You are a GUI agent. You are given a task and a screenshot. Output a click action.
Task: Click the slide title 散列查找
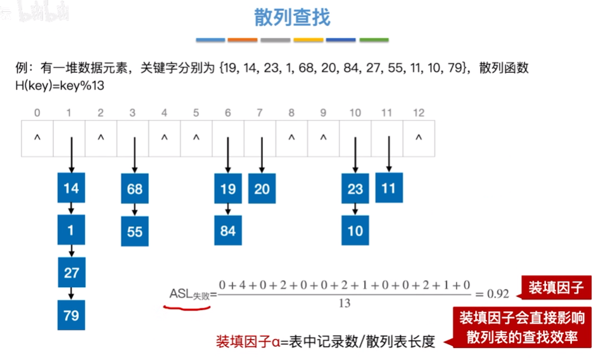pyautogui.click(x=292, y=17)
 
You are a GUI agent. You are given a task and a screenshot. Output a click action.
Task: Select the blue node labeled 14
pyautogui.click(x=71, y=188)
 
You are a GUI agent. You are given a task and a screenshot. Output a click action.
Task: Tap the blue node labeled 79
pyautogui.click(x=71, y=314)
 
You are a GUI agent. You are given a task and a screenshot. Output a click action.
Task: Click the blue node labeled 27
pyautogui.click(x=71, y=273)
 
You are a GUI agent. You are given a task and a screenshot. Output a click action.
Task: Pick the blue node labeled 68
pyautogui.click(x=134, y=188)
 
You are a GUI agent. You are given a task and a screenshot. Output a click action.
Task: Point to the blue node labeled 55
pyautogui.click(x=134, y=231)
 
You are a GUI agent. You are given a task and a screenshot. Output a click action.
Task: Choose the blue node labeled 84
pyautogui.click(x=228, y=231)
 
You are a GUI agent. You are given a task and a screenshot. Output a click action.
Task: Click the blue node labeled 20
pyautogui.click(x=262, y=188)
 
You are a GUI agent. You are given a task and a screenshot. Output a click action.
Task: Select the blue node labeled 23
pyautogui.click(x=355, y=188)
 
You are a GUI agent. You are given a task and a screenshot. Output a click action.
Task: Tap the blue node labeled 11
pyautogui.click(x=389, y=188)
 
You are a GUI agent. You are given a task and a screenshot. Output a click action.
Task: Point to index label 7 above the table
pyautogui.click(x=260, y=113)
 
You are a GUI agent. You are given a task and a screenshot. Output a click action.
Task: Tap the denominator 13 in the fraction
pyautogui.click(x=344, y=304)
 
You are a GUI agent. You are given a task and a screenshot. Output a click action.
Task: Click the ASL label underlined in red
pyautogui.click(x=188, y=294)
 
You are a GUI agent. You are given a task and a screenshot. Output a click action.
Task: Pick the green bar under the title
pyautogui.click(x=374, y=40)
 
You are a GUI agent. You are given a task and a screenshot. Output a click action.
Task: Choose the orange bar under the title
pyautogui.click(x=243, y=40)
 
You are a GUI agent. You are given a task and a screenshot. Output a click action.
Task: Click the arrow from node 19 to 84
pyautogui.click(x=228, y=209)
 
